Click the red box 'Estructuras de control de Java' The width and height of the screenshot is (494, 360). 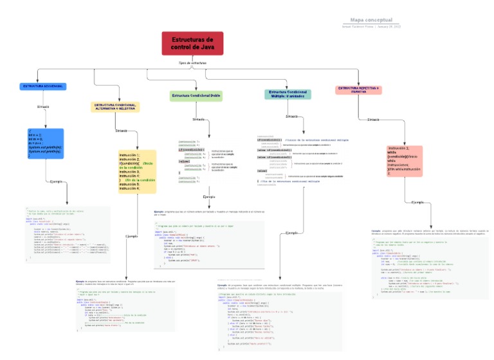192,43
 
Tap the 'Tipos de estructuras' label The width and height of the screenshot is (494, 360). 192,63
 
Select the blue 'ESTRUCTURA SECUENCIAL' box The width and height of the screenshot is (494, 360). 42,85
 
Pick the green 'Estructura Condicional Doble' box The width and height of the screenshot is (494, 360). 196,96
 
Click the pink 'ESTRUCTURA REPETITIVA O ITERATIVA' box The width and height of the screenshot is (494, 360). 358,89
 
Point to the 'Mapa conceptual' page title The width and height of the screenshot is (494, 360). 371,20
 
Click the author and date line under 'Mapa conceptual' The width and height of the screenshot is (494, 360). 371,27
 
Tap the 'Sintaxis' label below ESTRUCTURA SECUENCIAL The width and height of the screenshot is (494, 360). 43,106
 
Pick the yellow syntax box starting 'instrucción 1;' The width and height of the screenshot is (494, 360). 137,168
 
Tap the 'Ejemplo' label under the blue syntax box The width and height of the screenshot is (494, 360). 57,182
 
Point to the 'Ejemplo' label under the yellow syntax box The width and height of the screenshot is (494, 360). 131,236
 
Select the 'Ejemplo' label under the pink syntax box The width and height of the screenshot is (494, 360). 417,202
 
